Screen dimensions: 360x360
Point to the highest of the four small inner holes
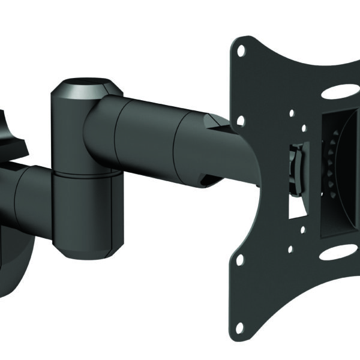click(x=290, y=112)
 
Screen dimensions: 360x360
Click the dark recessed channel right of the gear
click(x=348, y=174)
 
